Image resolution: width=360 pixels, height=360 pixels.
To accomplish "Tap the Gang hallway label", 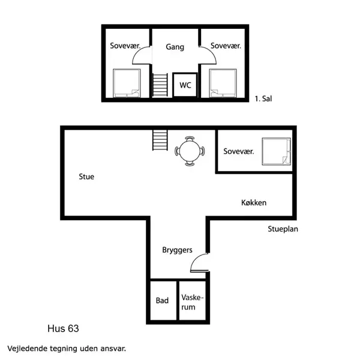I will click(175, 47).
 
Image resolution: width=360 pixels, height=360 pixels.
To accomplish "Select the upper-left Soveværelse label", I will click(125, 46).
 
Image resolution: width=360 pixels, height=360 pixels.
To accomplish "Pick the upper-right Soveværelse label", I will click(225, 46).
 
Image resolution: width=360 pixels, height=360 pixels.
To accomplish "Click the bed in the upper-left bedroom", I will click(127, 83).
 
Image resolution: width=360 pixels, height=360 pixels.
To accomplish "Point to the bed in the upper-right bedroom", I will click(223, 83).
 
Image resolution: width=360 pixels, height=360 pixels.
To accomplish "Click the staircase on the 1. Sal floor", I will click(160, 85).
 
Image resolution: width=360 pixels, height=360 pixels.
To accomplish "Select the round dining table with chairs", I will click(190, 151).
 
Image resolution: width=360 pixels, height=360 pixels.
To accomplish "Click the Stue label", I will click(86, 177).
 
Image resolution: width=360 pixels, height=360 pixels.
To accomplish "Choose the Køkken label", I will click(250, 203).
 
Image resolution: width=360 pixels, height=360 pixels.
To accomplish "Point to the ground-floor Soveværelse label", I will click(238, 151).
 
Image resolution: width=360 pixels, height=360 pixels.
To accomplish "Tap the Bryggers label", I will click(177, 250).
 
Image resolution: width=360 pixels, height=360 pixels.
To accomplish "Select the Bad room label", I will click(162, 301).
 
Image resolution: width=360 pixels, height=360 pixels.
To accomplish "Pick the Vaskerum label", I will click(193, 302).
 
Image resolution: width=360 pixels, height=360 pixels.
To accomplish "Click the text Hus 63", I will click(63, 329).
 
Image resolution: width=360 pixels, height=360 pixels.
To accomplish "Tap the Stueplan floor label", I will click(283, 229).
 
